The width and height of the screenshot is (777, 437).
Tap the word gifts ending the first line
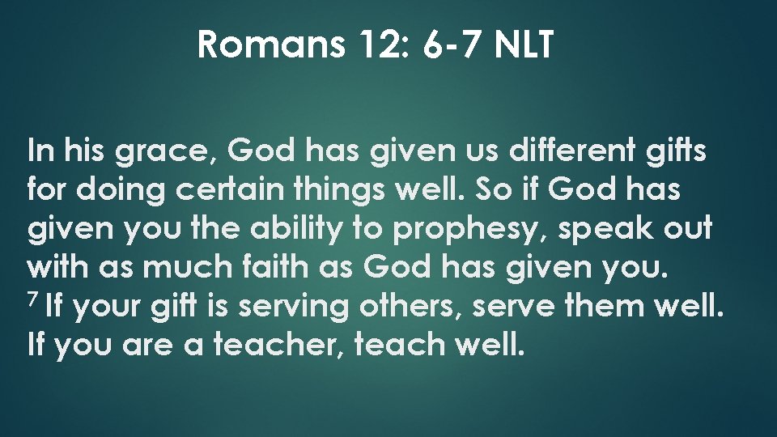[x=679, y=151]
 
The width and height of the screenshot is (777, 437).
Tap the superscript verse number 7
[x=33, y=300]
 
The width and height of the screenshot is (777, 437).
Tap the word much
[x=169, y=267]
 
